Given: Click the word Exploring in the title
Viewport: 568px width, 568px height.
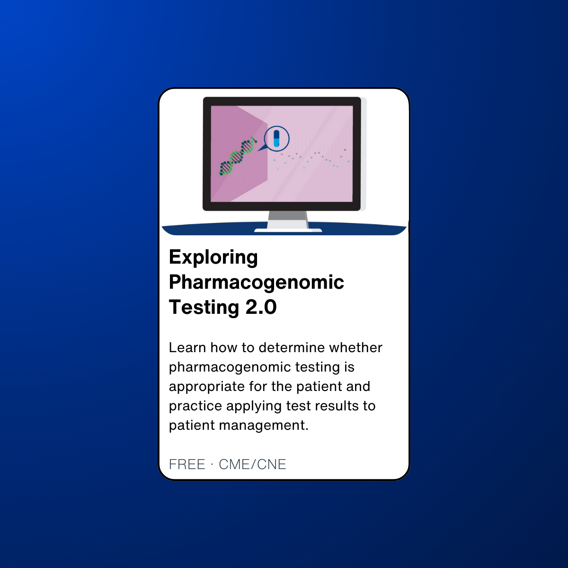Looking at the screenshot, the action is (x=213, y=257).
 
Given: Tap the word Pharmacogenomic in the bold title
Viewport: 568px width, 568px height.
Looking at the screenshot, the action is (x=257, y=283).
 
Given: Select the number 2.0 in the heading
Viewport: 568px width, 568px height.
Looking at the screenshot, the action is (x=261, y=307).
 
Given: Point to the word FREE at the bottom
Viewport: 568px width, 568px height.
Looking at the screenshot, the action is (x=187, y=464).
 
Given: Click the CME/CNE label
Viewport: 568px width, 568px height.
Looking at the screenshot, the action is (x=252, y=464).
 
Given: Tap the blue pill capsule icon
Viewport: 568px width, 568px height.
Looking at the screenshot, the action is (x=276, y=139).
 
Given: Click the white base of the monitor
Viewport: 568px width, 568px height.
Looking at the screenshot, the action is (x=288, y=230).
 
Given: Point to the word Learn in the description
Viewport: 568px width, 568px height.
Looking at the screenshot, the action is (x=187, y=348).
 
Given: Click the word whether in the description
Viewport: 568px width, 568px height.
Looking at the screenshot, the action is (x=356, y=348).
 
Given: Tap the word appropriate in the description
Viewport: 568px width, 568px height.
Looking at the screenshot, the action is (x=207, y=387).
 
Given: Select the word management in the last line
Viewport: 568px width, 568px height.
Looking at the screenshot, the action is (x=264, y=426).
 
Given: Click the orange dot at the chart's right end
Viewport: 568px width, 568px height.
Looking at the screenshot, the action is (x=345, y=150).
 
